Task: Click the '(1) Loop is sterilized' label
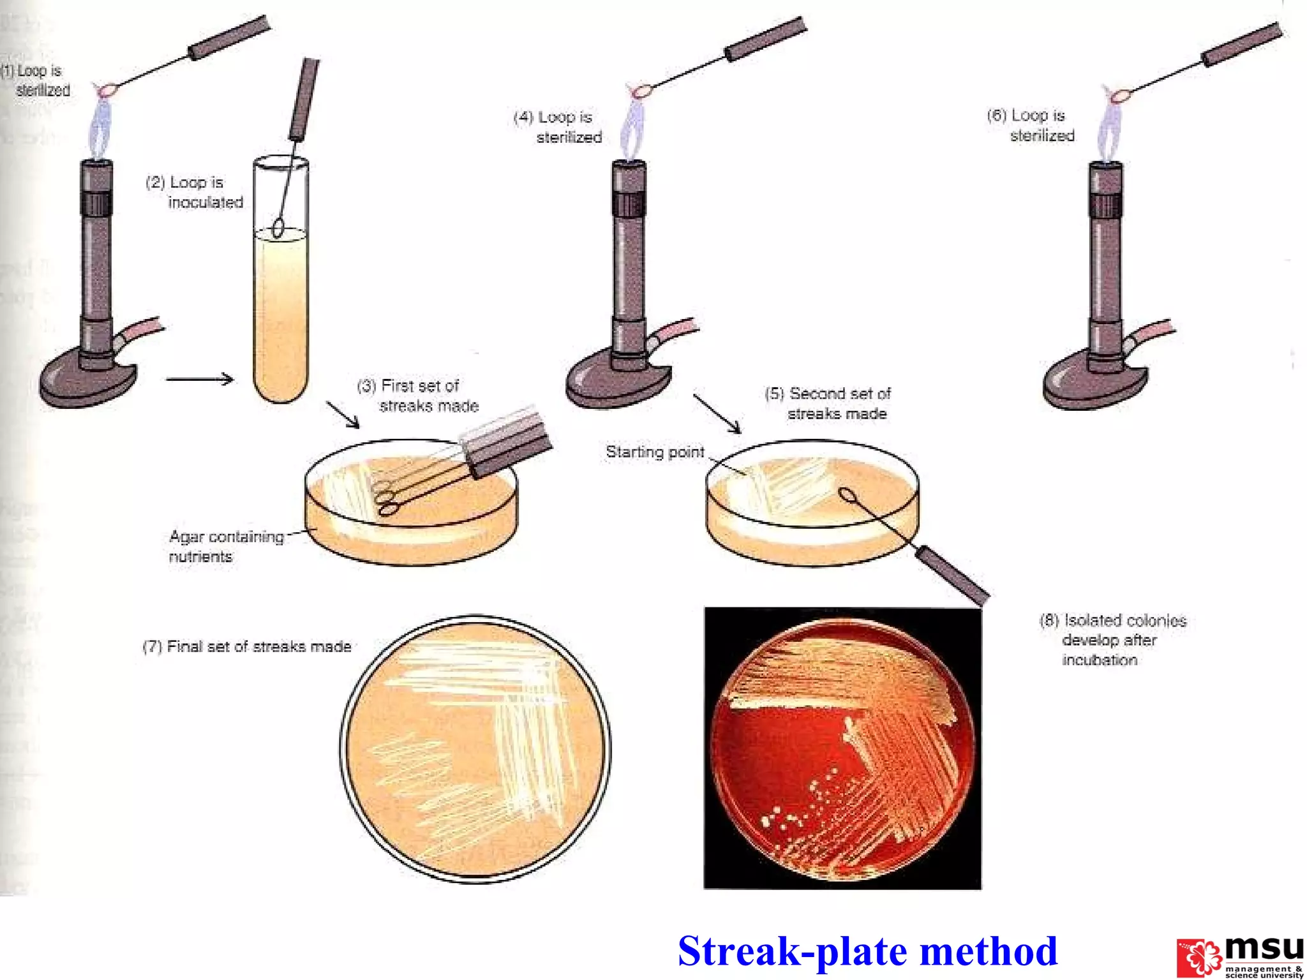coord(36,80)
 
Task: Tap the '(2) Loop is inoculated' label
coord(195,192)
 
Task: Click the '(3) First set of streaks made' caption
coord(418,396)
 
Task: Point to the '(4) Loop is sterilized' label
coord(558,127)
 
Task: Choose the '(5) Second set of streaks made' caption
coord(828,403)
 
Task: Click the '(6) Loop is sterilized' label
coord(1031,125)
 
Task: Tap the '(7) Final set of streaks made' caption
coord(247,647)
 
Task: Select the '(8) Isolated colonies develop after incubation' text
coord(1112,639)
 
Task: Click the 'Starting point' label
coord(655,452)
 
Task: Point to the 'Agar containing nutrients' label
coord(226,546)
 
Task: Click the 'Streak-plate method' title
coord(867,951)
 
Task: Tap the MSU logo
coord(1240,956)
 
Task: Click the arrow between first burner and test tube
coord(200,379)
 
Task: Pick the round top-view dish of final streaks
coord(475,749)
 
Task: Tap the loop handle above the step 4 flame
coord(766,40)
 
